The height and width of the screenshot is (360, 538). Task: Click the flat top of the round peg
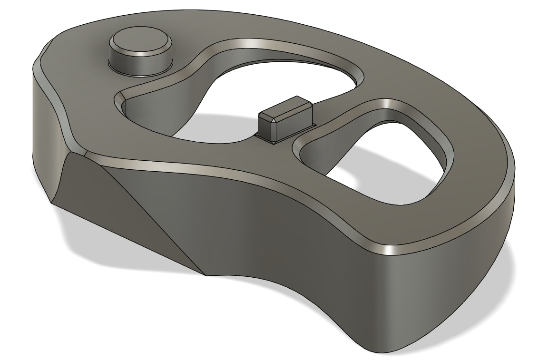pos(139,42)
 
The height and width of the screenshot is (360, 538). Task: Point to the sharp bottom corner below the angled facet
pos(205,275)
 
